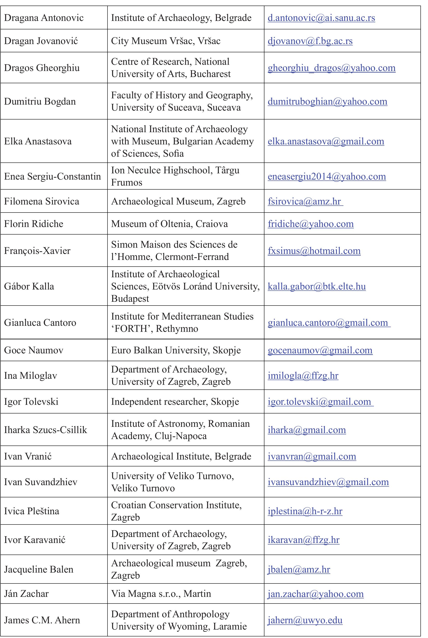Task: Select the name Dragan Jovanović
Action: point(41,41)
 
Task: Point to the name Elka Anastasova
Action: point(38,141)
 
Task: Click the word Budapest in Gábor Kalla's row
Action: point(130,299)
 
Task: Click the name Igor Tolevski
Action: point(31,402)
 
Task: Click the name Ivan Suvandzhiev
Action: point(41,482)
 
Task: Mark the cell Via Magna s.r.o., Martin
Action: point(161,594)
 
